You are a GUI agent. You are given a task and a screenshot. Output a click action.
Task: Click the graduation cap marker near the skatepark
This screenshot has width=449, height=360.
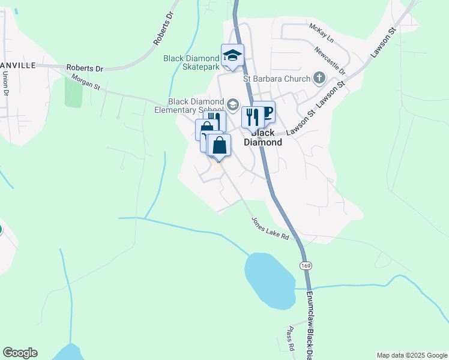click(232, 56)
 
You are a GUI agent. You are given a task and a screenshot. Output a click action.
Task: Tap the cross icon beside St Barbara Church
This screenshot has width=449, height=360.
click(319, 78)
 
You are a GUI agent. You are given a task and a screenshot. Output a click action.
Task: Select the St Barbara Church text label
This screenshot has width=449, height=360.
click(277, 79)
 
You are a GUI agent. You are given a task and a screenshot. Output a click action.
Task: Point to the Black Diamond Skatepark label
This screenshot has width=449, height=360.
click(191, 63)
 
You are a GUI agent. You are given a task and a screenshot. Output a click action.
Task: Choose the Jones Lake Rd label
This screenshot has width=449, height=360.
click(270, 228)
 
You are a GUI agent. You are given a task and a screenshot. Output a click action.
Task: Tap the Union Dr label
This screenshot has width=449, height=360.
click(5, 84)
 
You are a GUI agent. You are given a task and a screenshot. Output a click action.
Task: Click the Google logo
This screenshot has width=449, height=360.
click(20, 353)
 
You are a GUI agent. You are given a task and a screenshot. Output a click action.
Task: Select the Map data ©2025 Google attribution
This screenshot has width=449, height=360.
click(411, 355)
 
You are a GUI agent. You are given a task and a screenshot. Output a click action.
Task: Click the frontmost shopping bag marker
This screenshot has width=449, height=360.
click(219, 146)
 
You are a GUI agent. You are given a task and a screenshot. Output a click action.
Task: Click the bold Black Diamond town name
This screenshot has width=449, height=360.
click(263, 137)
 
